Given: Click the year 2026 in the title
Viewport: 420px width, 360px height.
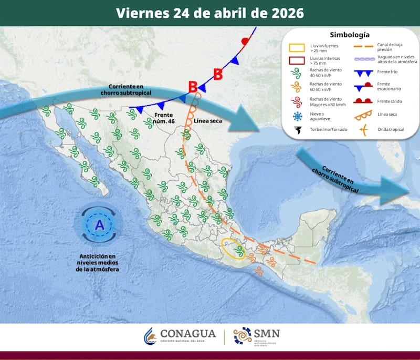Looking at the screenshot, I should pyautogui.click(x=285, y=13).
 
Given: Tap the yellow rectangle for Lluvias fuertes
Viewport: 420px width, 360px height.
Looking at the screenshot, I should pyautogui.click(x=297, y=48).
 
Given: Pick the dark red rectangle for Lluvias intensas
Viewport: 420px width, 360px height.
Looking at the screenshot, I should pyautogui.click(x=297, y=60).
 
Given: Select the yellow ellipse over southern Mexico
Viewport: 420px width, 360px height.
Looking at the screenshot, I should pyautogui.click(x=233, y=248).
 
